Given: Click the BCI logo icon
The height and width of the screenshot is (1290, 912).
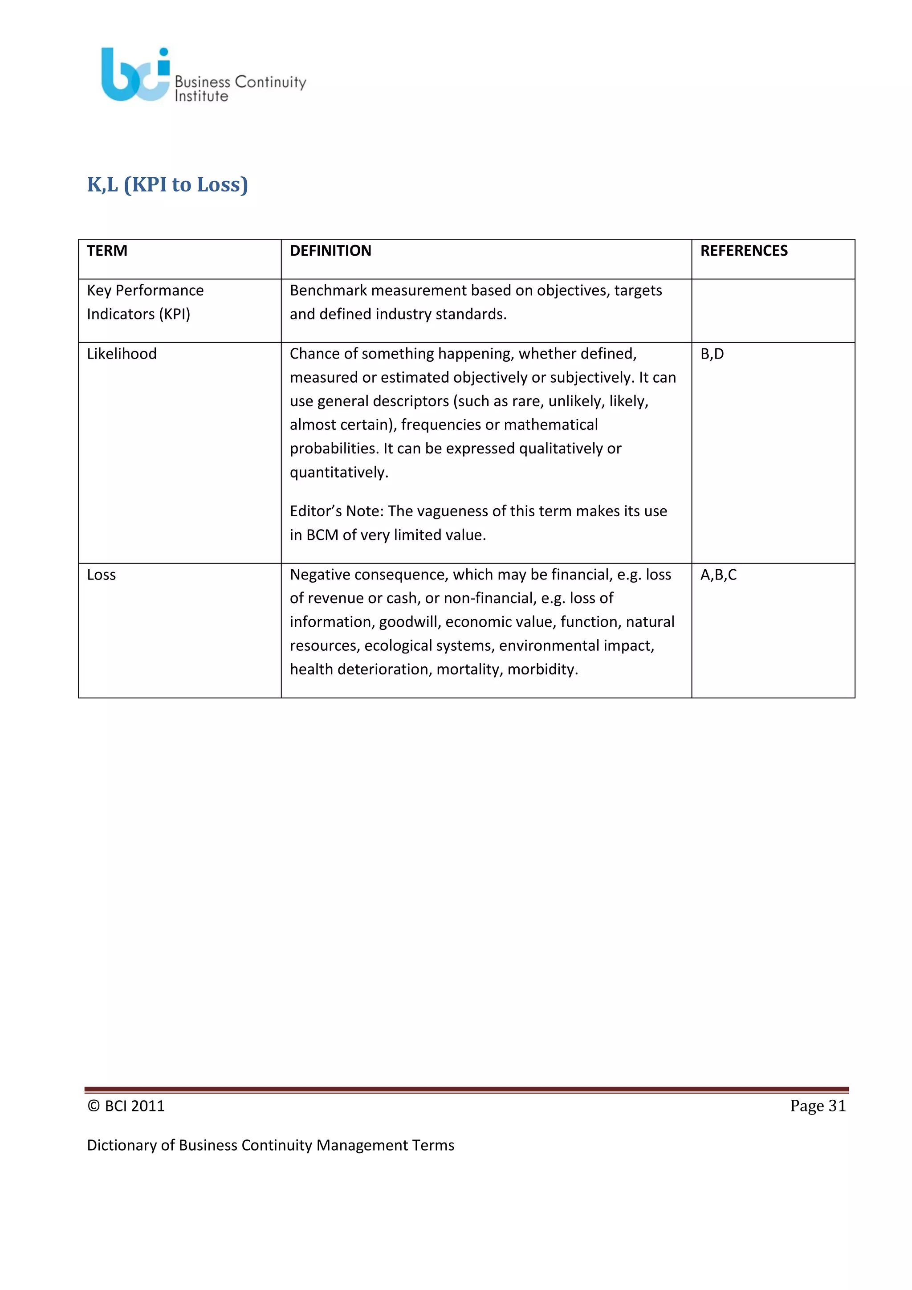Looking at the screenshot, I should coord(135,75).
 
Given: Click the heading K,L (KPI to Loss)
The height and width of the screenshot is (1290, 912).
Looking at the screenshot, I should coord(167,184).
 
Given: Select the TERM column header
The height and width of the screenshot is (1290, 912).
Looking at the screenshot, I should coord(107,251).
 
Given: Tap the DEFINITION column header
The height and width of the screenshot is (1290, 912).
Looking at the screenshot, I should coord(330,251).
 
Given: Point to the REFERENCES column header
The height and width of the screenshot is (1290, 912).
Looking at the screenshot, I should coord(744,251).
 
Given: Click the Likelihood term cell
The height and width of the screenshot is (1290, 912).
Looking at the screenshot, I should coord(122,354).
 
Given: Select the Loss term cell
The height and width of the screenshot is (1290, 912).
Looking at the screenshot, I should coord(102,575).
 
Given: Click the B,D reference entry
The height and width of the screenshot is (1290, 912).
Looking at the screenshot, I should coord(712,354).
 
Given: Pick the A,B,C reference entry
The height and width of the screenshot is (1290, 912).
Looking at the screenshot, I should coord(718,575).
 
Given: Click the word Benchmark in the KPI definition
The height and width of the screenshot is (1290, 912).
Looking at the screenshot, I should coord(328,290).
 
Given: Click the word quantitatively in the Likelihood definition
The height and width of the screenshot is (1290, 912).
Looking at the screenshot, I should coord(338,473).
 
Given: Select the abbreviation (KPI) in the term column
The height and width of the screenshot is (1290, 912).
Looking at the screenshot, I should coord(175,314).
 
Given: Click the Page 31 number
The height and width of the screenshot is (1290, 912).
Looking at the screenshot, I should coord(818,1106).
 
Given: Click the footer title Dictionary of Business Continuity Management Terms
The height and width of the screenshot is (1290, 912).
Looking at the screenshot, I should coord(270,1145).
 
